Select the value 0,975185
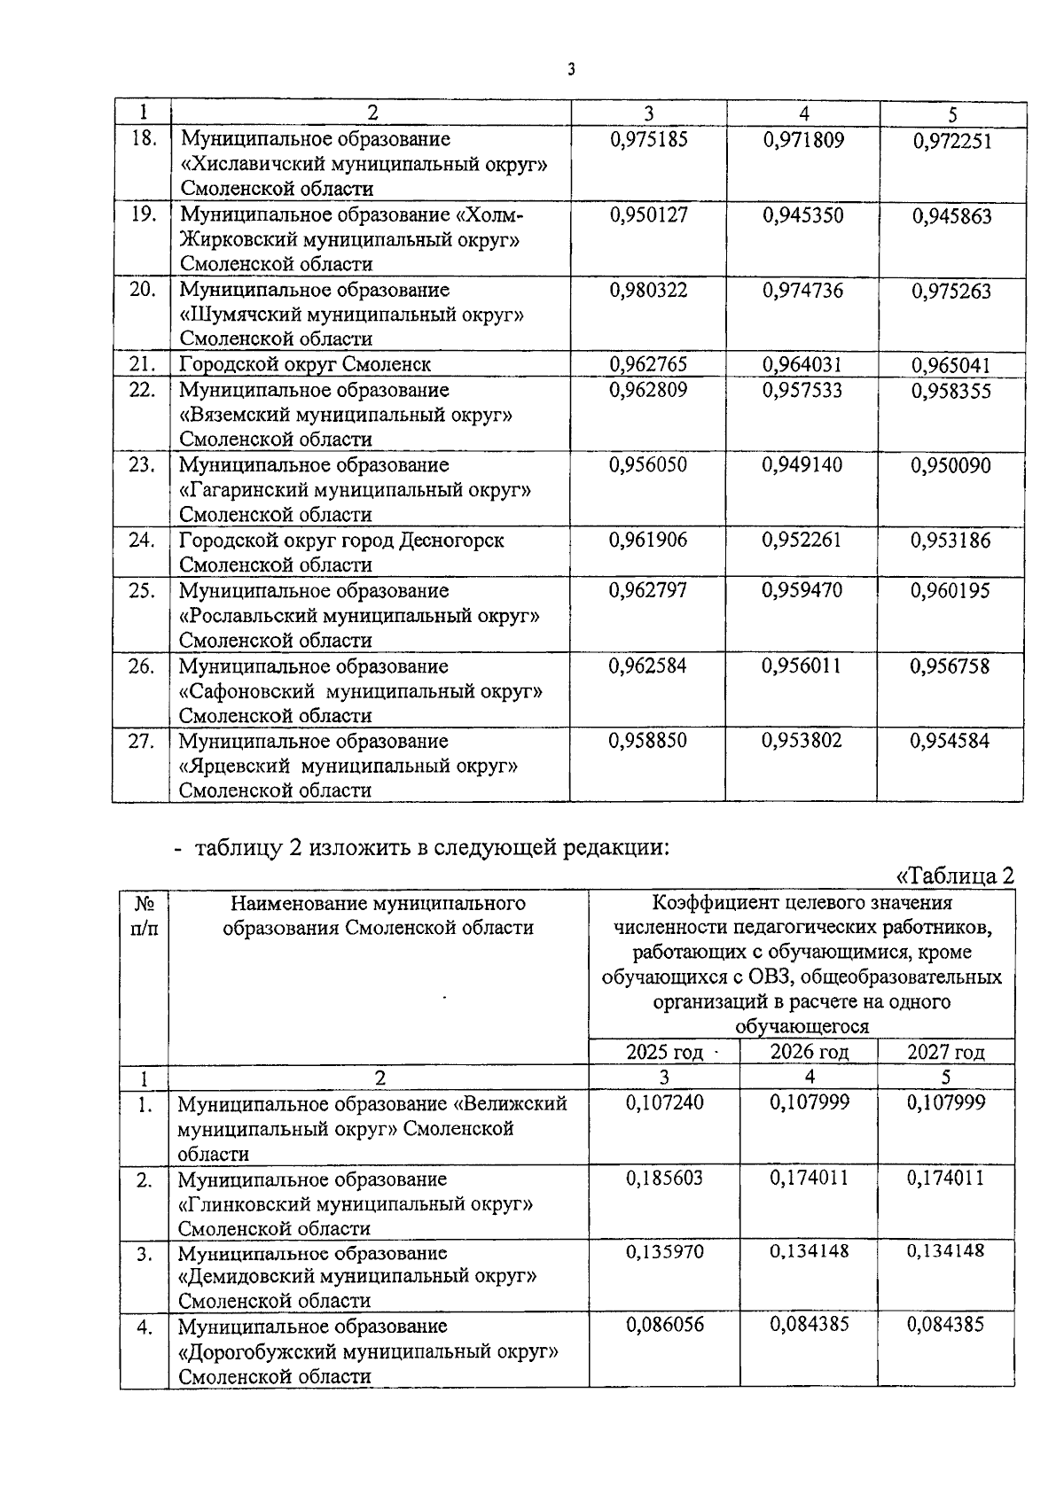648,140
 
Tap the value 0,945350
802,215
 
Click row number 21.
142,364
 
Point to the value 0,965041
951,365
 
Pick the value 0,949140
802,465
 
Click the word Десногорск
452,541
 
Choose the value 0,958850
647,741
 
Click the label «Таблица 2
955,876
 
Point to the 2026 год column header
809,1052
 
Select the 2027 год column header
945,1052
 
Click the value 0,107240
665,1102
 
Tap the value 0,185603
665,1179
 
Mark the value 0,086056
665,1325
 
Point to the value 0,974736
802,291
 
